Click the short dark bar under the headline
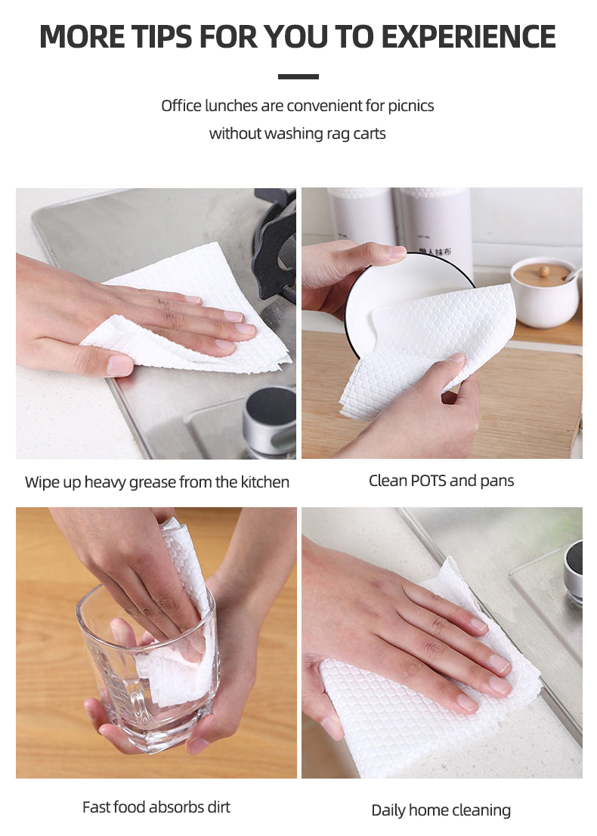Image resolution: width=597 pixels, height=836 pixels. tap(298, 76)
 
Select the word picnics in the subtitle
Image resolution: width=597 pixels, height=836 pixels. tap(410, 106)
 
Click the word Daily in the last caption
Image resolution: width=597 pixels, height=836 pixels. tap(388, 811)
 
